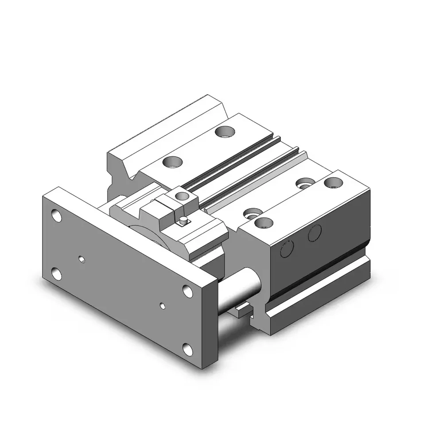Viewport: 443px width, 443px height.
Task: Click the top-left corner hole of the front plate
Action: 56,216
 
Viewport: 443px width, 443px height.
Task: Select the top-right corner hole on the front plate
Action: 188,291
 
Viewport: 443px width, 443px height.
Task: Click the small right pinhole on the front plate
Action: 163,305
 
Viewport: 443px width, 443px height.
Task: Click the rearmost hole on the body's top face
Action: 225,131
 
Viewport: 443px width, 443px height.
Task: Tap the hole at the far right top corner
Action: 333,181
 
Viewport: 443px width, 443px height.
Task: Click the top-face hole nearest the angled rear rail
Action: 171,162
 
